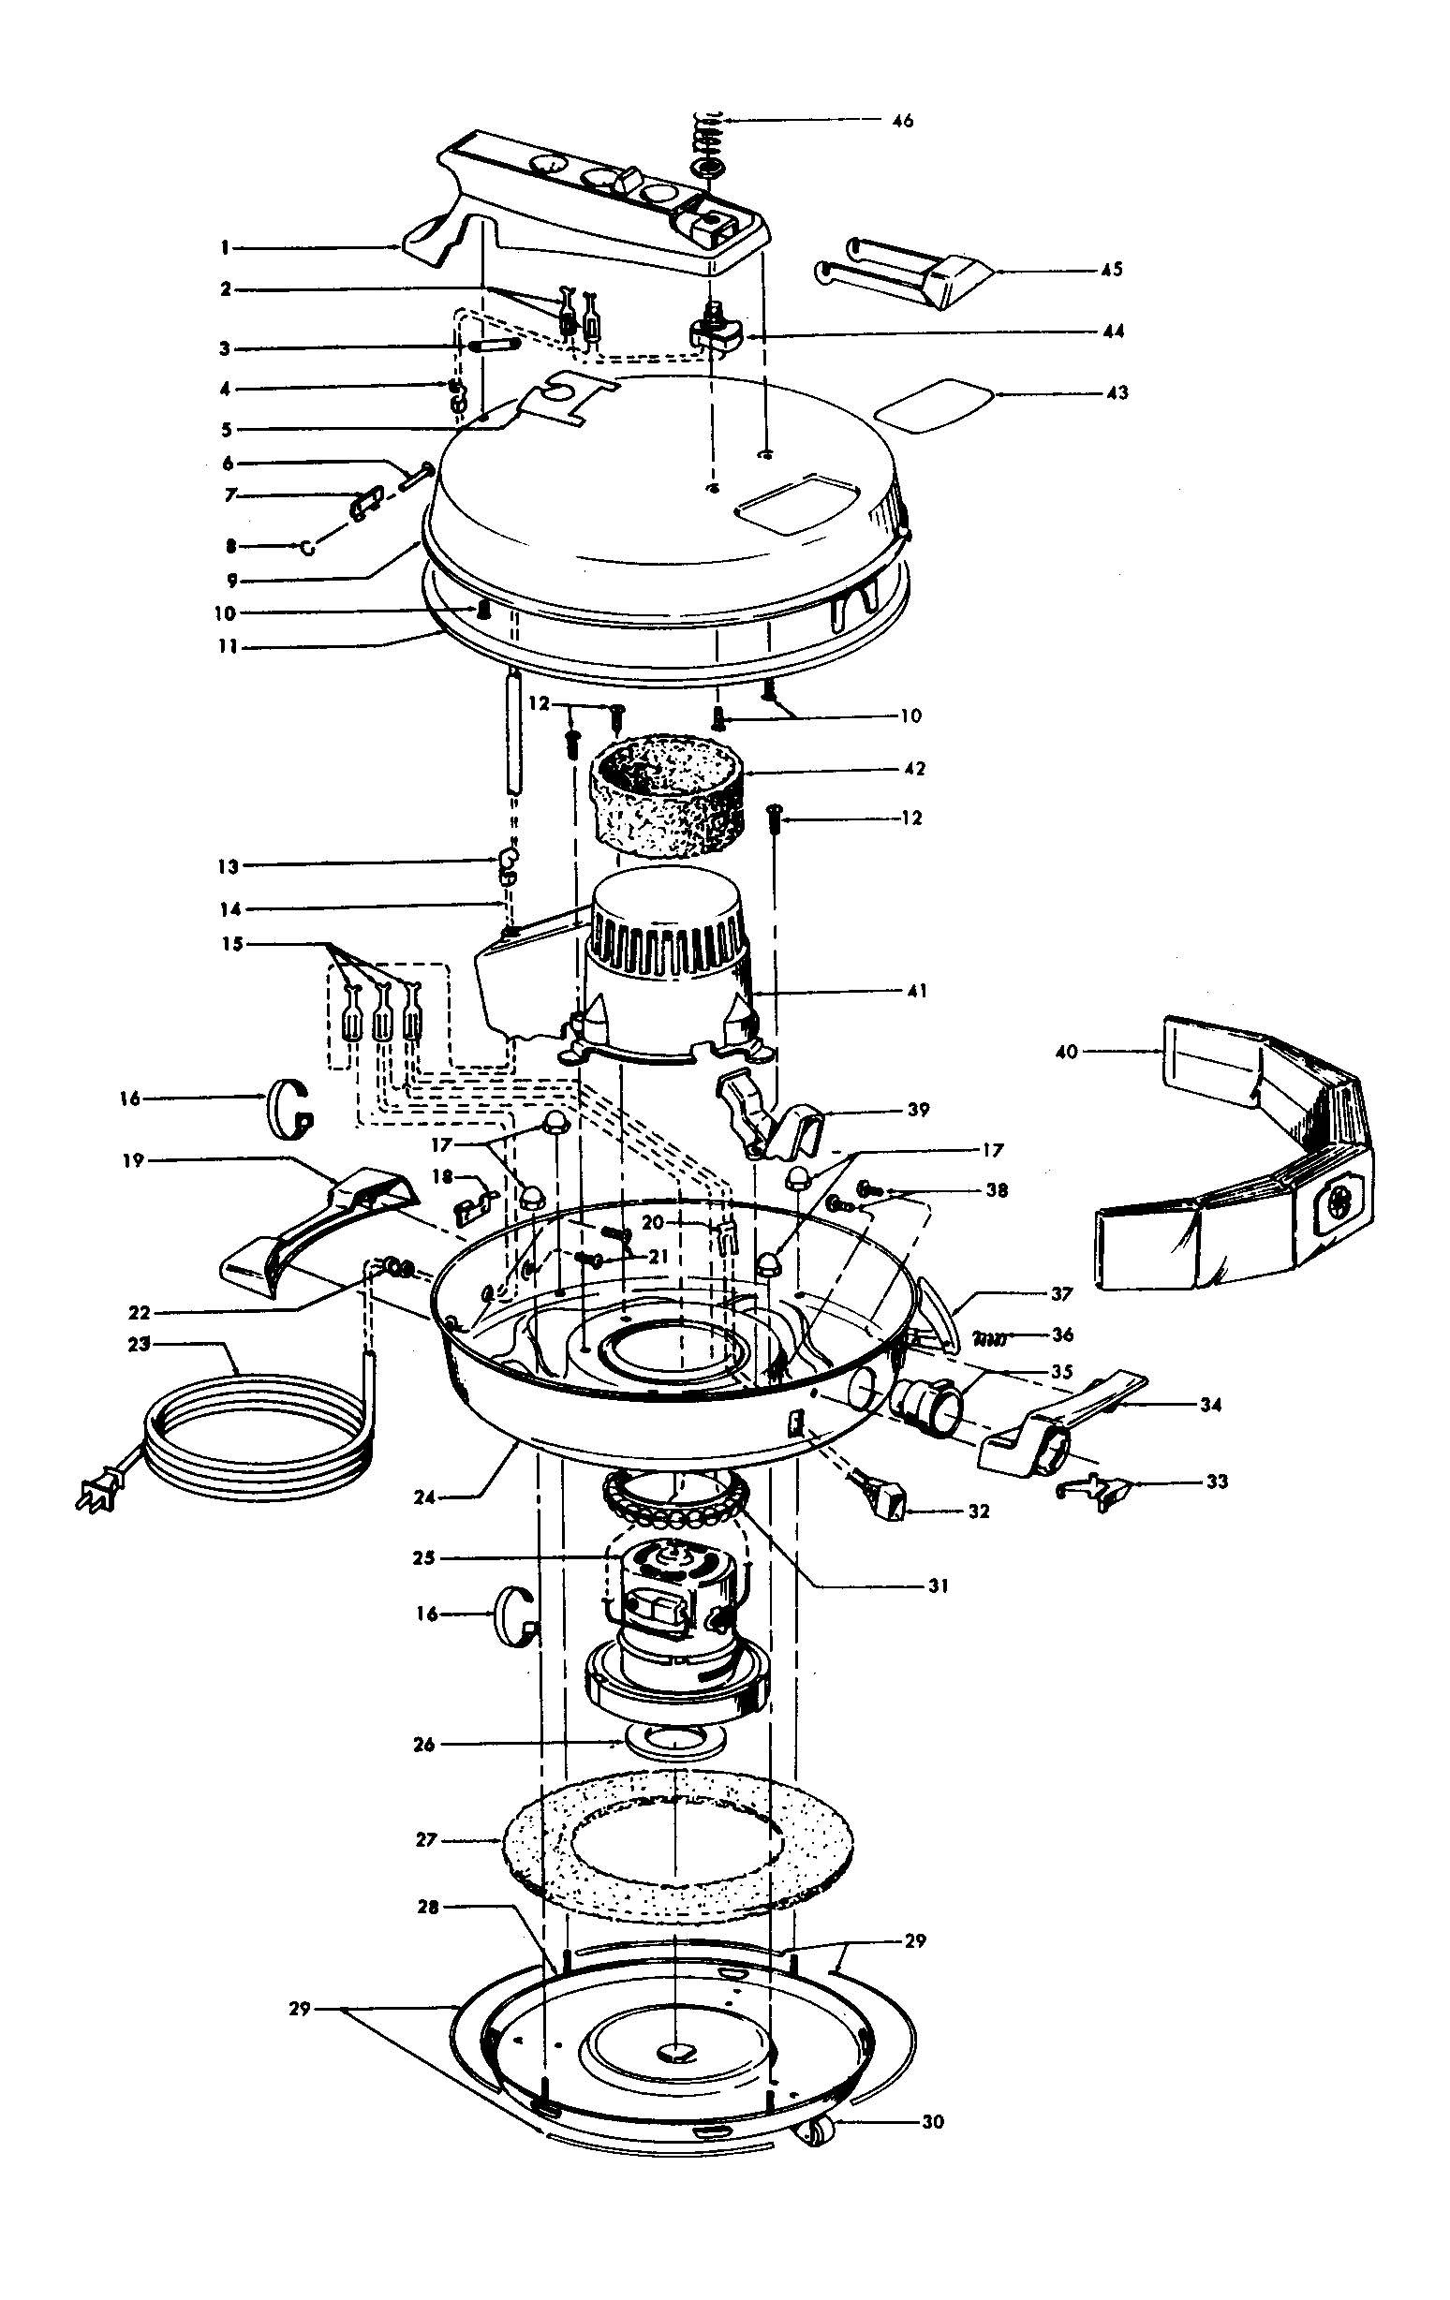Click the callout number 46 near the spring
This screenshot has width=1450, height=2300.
[x=902, y=121]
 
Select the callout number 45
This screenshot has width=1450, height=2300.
[x=1111, y=270]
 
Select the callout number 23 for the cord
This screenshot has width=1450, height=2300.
[x=140, y=1344]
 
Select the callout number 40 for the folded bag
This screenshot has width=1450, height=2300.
[x=1067, y=1052]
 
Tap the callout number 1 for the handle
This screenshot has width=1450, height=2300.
[x=225, y=247]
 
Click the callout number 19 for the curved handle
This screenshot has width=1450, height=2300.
[x=133, y=1159]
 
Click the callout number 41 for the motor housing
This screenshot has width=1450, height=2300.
[x=915, y=992]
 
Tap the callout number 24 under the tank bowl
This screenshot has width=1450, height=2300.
[x=424, y=1497]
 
